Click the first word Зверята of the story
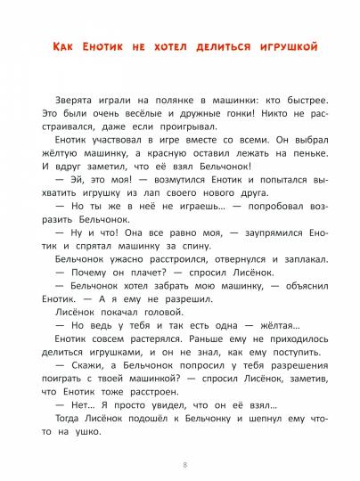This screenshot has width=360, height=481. click(x=73, y=103)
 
